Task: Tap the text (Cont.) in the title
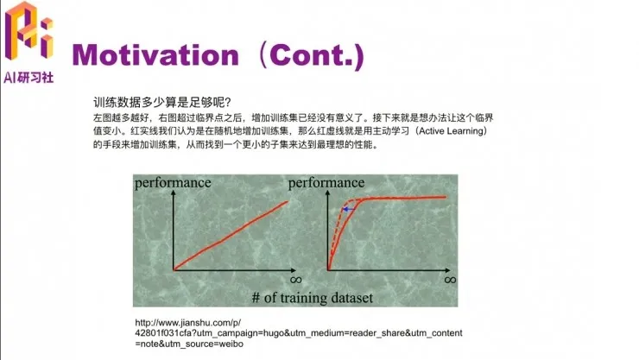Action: (309, 55)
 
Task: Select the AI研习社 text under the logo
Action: (28, 77)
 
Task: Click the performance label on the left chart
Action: (173, 182)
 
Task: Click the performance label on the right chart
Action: (326, 182)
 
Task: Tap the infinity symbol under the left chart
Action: (294, 279)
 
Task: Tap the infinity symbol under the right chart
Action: (449, 279)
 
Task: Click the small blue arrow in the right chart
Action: (347, 209)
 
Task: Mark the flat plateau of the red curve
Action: (406, 198)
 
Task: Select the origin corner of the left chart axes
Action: (174, 269)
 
